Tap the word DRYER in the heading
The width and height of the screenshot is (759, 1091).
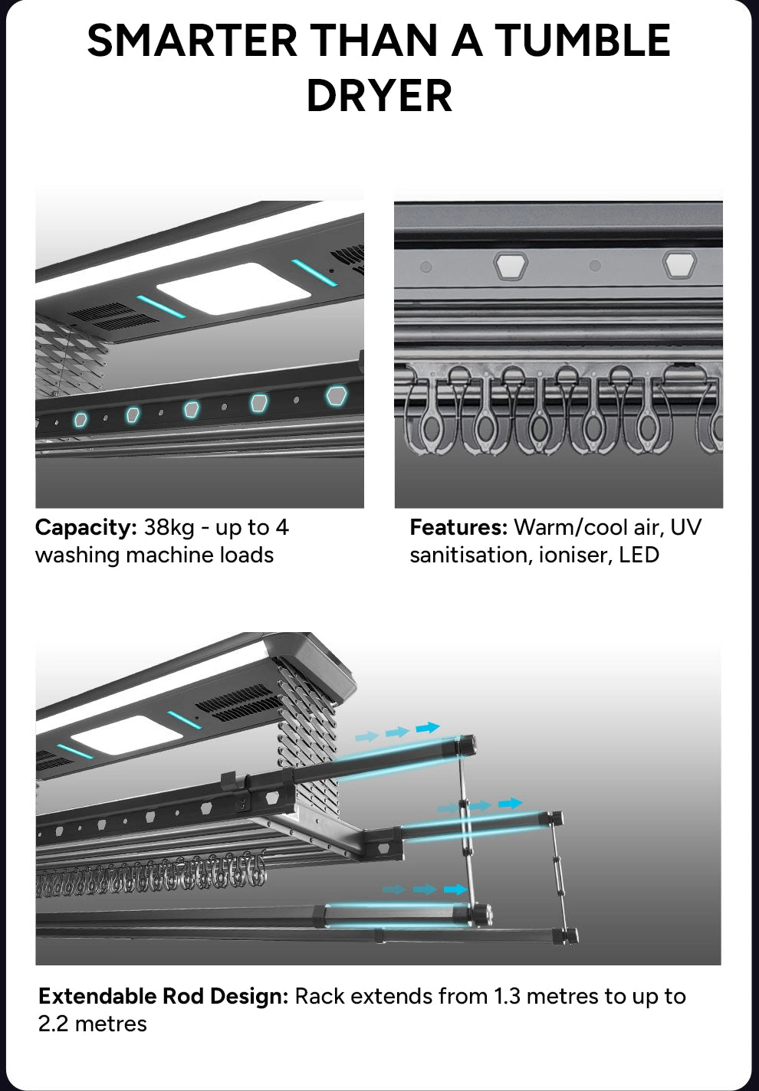(x=379, y=97)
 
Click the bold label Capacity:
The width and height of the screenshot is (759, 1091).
(x=86, y=528)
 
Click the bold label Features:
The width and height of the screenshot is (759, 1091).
(x=458, y=528)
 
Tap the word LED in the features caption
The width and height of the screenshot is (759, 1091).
(x=639, y=555)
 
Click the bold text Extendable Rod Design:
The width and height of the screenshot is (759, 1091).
(x=163, y=996)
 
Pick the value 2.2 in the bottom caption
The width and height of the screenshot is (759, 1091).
(x=54, y=1024)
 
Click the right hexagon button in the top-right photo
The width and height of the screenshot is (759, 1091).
(x=679, y=264)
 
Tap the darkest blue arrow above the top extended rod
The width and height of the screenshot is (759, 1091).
(x=429, y=727)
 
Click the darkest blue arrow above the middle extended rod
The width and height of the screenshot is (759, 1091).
(x=510, y=803)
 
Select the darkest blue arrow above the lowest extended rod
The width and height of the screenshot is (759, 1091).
(x=456, y=889)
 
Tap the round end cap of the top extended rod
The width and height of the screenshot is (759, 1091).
(x=467, y=744)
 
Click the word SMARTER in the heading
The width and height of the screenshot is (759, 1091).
(x=192, y=41)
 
